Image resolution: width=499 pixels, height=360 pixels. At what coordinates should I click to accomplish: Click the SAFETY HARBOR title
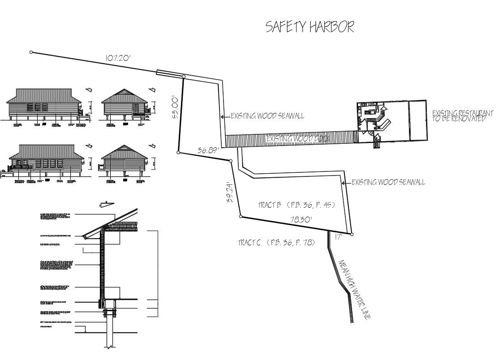click(x=310, y=27)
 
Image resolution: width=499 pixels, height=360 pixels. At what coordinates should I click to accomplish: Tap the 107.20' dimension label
click(x=118, y=58)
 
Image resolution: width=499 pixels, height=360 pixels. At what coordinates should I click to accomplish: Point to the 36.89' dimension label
click(x=207, y=151)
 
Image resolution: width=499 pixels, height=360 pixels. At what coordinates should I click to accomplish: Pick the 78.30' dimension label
click(x=301, y=220)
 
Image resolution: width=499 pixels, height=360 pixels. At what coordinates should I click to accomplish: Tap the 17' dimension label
click(x=339, y=237)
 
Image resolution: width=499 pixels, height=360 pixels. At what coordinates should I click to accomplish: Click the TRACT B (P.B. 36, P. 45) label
click(x=297, y=206)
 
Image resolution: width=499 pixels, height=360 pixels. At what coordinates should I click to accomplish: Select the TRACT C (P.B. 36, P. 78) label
click(x=276, y=243)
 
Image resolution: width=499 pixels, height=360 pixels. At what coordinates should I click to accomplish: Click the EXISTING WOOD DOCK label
click(x=298, y=139)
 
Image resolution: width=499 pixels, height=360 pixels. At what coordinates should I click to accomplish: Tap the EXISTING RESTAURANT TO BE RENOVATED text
click(x=463, y=116)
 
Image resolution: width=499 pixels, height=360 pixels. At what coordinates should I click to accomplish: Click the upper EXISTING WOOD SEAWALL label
click(x=267, y=116)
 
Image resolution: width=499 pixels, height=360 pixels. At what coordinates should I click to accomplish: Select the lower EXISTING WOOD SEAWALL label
click(x=388, y=182)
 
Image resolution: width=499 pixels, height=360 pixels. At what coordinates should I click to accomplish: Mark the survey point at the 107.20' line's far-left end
click(x=31, y=52)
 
